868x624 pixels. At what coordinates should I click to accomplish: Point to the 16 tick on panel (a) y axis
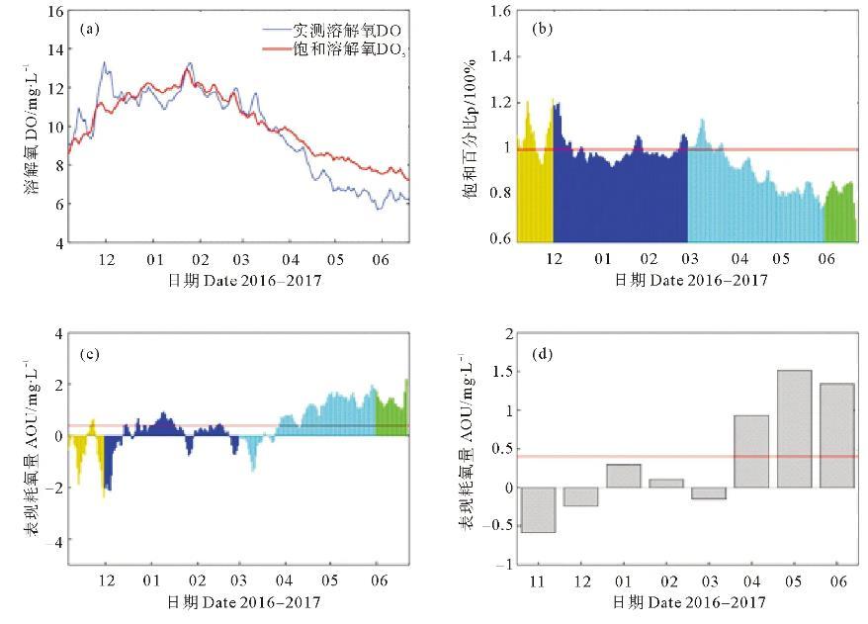[x=55, y=12]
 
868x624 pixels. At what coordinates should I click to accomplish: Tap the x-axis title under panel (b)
[x=691, y=280]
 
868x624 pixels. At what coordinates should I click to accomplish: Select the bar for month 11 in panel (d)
[x=539, y=509]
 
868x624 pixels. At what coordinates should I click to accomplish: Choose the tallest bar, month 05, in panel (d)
[x=794, y=429]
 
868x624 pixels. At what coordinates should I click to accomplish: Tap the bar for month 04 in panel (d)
[x=750, y=451]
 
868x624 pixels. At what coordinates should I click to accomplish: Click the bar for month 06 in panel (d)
[x=836, y=435]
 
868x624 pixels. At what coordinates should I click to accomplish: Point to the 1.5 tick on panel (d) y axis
[x=500, y=372]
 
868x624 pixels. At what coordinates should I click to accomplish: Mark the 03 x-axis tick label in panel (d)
[x=708, y=580]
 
